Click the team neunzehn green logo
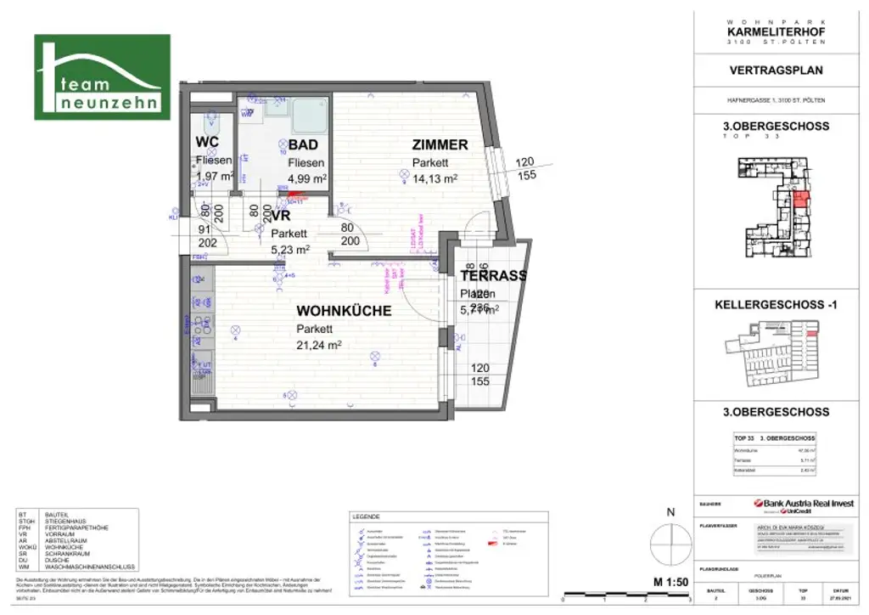tap(100, 77)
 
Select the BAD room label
tap(303, 145)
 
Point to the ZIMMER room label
tap(440, 145)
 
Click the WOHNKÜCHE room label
tap(344, 311)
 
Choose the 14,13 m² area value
tap(434, 178)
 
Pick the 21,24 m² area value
tap(319, 345)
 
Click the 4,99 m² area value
tap(308, 178)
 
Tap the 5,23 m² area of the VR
tap(290, 250)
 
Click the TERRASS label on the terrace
tap(493, 275)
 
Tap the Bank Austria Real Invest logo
tap(802, 505)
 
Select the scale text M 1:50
tap(669, 581)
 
